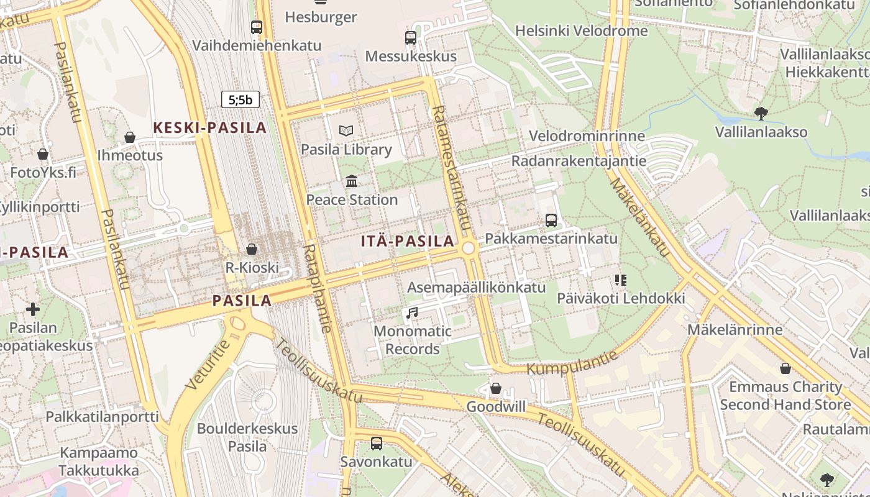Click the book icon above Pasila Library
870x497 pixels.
[x=346, y=130]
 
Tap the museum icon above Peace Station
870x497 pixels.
[x=352, y=181]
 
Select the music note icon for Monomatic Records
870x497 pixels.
[x=412, y=312]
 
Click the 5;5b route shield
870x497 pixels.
[x=240, y=99]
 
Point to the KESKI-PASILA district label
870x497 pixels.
[x=210, y=128]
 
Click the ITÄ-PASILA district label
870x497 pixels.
[x=408, y=242]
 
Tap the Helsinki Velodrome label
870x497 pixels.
[x=581, y=30]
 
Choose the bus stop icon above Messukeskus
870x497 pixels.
[x=411, y=37]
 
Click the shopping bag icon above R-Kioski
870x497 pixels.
[x=252, y=249]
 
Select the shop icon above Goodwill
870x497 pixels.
[x=496, y=388]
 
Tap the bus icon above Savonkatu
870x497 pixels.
[x=377, y=443]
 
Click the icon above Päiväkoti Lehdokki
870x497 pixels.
[x=620, y=280]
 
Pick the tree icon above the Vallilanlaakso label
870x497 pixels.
[x=761, y=113]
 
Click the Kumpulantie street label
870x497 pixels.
[x=572, y=362]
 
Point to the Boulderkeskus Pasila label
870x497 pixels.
[x=247, y=437]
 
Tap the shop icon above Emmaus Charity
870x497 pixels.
[x=785, y=368]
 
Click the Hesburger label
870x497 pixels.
[x=321, y=17]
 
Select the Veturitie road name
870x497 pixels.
[x=208, y=365]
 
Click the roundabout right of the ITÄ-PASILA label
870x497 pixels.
[x=469, y=248]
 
